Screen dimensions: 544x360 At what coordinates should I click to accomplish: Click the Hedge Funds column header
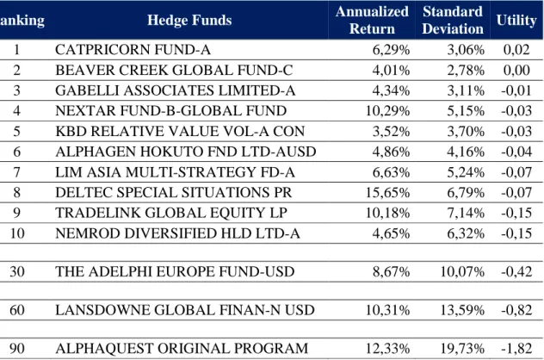coord(189,20)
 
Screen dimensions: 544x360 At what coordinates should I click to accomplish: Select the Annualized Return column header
coord(372,20)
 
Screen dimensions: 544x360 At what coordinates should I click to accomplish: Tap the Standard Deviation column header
coord(453,20)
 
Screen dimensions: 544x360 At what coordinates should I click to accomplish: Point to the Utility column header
coord(516,20)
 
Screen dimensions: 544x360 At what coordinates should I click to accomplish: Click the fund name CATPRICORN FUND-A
coord(133,50)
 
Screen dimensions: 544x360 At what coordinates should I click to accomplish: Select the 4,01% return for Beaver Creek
coord(391,70)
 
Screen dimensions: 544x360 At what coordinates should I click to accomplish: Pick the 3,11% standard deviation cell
coord(466,90)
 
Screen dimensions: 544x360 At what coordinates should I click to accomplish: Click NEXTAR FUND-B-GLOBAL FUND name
coord(171,111)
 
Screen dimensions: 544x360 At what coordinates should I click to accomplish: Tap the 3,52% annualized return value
coord(391,131)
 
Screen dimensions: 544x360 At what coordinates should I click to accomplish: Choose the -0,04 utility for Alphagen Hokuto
coord(516,152)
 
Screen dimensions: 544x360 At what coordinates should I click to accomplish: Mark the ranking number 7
coord(16,172)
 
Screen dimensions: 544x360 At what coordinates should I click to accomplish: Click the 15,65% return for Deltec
coord(387,192)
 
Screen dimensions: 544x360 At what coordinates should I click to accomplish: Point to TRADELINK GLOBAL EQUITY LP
coord(171,213)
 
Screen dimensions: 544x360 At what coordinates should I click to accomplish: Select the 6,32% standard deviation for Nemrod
coord(466,233)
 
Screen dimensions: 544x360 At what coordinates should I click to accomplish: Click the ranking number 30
coord(17,271)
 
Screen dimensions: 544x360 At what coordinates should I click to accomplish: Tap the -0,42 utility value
coord(516,271)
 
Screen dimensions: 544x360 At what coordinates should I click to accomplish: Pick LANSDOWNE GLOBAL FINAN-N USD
coord(185,310)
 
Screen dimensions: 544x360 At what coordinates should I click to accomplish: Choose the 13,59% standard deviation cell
coord(462,310)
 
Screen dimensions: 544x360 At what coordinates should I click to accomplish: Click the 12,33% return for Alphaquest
coord(387,348)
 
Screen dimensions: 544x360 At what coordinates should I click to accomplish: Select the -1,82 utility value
coord(516,348)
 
